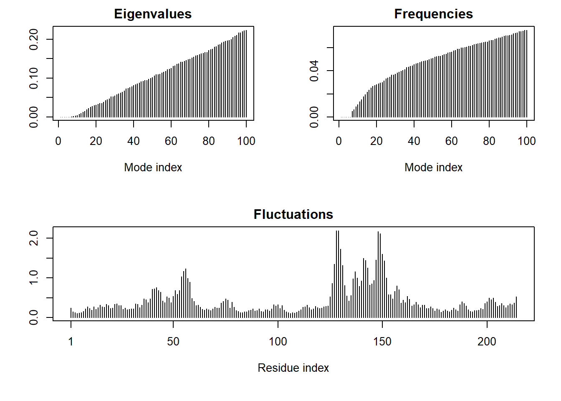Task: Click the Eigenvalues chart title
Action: coord(153,14)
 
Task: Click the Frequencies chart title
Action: coord(433,14)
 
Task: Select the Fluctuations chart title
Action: coord(293,215)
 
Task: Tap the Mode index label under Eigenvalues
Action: coord(153,168)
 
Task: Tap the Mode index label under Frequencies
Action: coord(433,168)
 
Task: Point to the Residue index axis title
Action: coord(293,368)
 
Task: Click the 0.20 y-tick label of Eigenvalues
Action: coord(34,39)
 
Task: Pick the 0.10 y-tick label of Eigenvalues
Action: coord(34,78)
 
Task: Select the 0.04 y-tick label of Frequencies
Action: coord(314,71)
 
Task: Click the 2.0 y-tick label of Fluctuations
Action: coord(34,238)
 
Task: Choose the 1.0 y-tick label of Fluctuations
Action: coord(34,278)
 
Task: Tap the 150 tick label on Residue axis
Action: coord(382,342)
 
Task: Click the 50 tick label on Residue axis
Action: coord(173,342)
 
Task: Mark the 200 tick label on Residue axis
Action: coord(487,342)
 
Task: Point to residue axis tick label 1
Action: coord(71,342)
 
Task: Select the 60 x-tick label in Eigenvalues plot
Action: coord(171,141)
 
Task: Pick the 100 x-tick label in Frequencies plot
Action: coord(526,141)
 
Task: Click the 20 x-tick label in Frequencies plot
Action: coord(377,141)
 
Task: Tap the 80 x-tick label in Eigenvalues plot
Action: coord(209,141)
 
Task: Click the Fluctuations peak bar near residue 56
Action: coord(186,292)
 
